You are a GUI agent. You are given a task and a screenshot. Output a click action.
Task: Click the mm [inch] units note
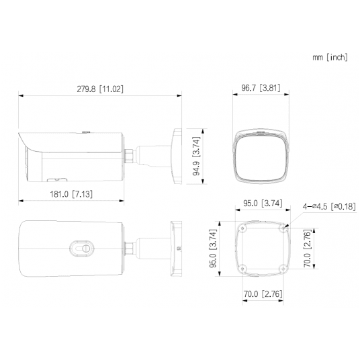330,58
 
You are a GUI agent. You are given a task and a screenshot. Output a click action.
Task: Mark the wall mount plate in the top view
176,248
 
